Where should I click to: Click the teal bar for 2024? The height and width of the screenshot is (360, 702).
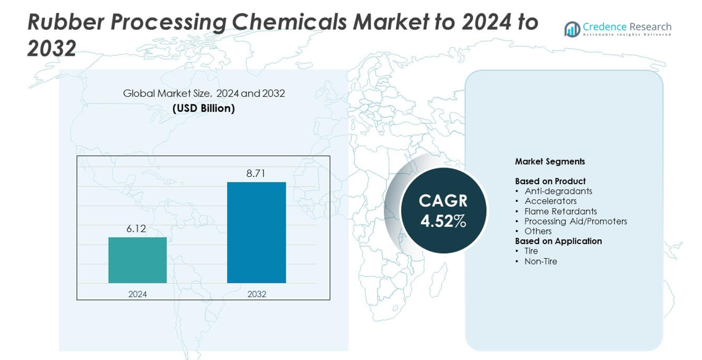point(137,260)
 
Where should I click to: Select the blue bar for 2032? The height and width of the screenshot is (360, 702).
point(256,232)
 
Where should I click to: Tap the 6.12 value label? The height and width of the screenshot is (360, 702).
point(137,229)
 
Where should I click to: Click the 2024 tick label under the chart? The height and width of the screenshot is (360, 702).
point(137,294)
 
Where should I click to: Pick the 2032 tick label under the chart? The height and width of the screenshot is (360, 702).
point(256,294)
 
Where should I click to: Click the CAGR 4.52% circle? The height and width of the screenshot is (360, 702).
point(443,211)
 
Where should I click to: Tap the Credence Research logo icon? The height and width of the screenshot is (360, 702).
point(572,29)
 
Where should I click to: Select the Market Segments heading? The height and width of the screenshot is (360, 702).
point(549,162)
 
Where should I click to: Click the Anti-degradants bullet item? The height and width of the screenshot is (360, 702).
point(558,191)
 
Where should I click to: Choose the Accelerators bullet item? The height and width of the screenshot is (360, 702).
point(550,201)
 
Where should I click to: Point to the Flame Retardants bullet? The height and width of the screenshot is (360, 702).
point(560,211)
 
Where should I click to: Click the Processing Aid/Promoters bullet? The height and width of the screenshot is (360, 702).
point(575,221)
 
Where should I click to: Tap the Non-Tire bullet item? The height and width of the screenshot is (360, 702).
point(540,261)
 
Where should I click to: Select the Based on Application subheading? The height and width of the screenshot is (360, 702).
point(558,241)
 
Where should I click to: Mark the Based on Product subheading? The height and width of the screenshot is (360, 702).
point(550,181)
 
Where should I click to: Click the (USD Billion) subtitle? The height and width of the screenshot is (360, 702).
point(203,108)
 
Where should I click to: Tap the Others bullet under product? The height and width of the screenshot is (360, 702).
point(538,231)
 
